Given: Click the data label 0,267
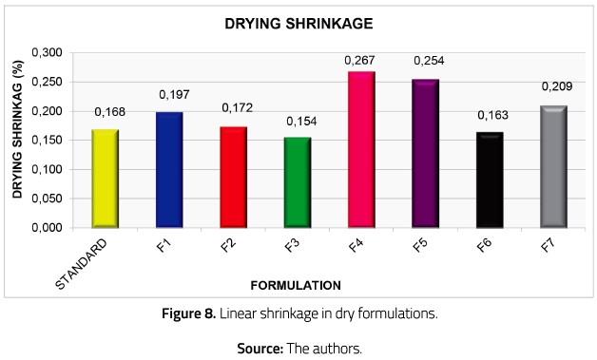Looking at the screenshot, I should coord(359,61).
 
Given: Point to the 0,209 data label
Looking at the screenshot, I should coord(556,87).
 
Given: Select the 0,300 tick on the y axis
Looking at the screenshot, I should coord(48,52).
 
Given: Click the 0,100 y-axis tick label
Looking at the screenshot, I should coord(48,170).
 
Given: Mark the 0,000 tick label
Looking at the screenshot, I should coord(48,229).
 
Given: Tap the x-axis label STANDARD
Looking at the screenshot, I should coord(91,260).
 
